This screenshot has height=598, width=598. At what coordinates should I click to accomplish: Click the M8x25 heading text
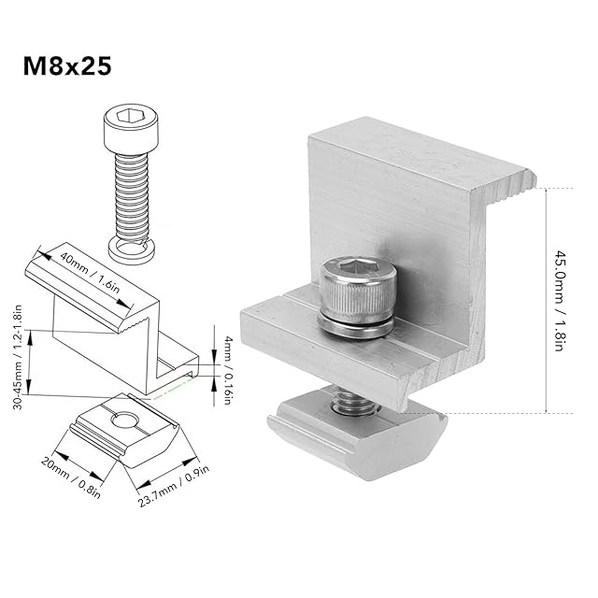pyautogui.click(x=67, y=66)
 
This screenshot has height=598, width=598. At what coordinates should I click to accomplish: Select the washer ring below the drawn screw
pyautogui.click(x=132, y=251)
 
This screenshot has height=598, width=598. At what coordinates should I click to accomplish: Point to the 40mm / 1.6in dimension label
pyautogui.click(x=90, y=274)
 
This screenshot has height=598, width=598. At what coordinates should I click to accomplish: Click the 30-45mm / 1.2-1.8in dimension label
pyautogui.click(x=18, y=357)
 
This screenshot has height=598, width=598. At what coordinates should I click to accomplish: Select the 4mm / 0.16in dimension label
pyautogui.click(x=228, y=370)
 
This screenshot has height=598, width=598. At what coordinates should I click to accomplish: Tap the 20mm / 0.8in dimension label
pyautogui.click(x=71, y=477)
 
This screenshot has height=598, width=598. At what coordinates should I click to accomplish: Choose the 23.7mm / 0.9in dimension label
pyautogui.click(x=174, y=486)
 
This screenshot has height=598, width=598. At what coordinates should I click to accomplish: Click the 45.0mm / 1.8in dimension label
pyautogui.click(x=559, y=301)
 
